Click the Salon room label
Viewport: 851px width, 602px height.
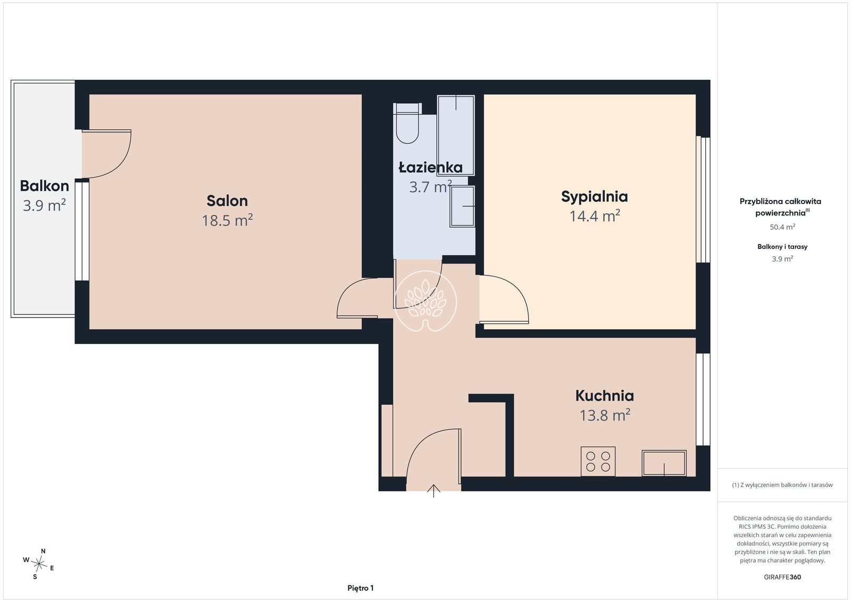(227, 200)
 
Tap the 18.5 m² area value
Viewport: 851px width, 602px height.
(227, 220)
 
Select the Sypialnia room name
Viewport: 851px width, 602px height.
(595, 197)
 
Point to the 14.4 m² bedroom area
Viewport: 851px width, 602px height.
(595, 216)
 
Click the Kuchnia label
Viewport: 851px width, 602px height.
(604, 396)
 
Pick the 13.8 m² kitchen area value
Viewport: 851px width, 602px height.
(604, 415)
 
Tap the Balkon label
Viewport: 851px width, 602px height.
(45, 186)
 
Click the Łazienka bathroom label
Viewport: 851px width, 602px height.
(430, 168)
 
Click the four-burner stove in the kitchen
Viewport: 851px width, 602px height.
(598, 462)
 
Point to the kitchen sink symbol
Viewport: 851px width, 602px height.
(664, 463)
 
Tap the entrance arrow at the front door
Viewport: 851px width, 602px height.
(433, 491)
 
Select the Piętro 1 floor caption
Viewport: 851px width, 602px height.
(361, 588)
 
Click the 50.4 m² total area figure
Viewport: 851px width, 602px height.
(782, 227)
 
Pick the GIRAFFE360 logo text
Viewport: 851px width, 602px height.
(782, 577)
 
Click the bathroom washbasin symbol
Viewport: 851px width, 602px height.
(462, 206)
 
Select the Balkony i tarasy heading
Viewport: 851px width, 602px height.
(782, 247)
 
